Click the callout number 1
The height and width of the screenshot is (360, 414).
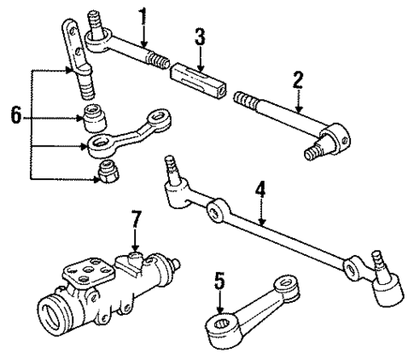(143, 15)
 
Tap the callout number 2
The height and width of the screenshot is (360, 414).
(298, 82)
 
